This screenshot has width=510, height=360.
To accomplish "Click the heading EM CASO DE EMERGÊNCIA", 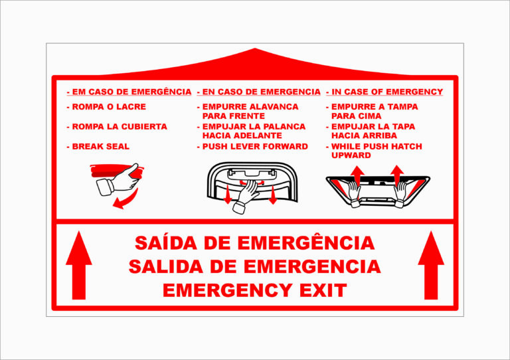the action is (131, 92).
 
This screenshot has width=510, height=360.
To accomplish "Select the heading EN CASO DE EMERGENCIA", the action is (261, 92).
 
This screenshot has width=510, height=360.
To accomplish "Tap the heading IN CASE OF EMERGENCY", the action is (387, 92).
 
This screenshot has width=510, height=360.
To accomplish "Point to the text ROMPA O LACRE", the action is (109, 107).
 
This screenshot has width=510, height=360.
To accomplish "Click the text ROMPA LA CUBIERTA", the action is (120, 126).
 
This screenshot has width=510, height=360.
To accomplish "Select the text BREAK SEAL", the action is (100, 146).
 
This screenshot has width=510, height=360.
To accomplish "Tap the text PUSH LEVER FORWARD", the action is (255, 146).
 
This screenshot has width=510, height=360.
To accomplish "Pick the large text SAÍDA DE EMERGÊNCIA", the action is (255, 242).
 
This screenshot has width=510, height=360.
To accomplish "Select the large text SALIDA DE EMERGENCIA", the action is (255, 266).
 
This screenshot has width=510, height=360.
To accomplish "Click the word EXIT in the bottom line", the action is (323, 290).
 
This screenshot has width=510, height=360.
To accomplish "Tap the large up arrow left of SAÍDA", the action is (79, 265).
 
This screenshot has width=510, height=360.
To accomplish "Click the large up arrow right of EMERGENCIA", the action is (431, 265).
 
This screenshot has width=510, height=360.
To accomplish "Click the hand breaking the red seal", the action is (119, 181).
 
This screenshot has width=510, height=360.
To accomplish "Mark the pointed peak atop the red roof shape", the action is (255, 48).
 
